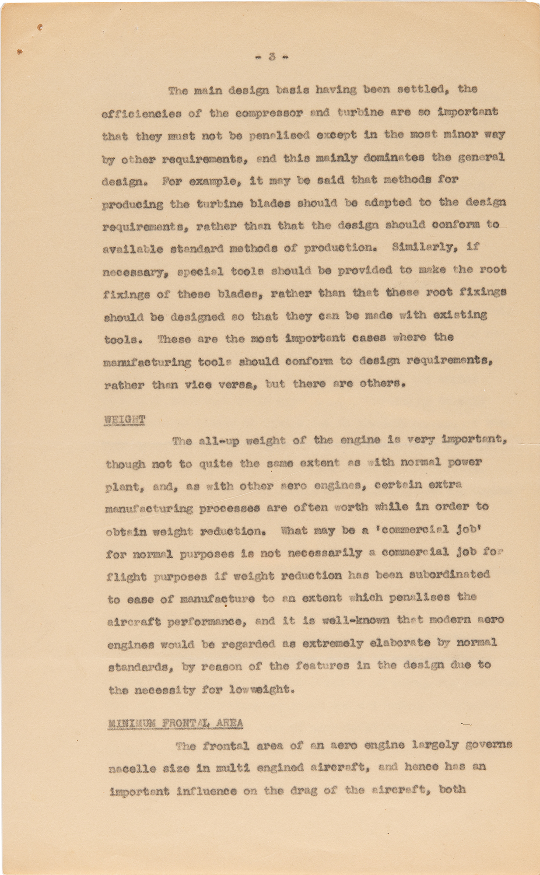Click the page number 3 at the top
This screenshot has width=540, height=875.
[x=272, y=56]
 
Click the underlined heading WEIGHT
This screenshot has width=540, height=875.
[x=125, y=420]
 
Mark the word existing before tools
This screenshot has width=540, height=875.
[x=459, y=315]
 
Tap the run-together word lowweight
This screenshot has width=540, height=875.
[x=264, y=689]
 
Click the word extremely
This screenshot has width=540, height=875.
[x=333, y=644]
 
